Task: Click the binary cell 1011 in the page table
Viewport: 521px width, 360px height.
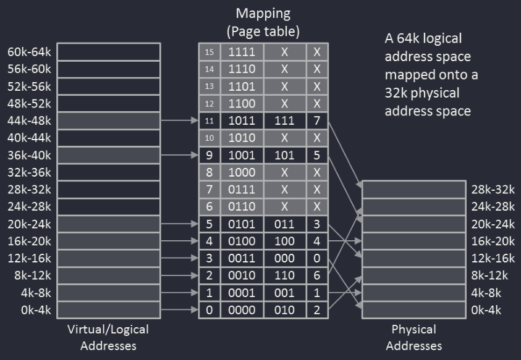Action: [x=242, y=121]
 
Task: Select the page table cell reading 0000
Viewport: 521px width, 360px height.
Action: [x=242, y=311]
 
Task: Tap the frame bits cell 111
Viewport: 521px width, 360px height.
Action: [x=285, y=121]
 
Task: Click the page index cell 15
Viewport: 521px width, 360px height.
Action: [x=209, y=52]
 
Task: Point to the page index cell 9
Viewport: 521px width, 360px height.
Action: [x=209, y=156]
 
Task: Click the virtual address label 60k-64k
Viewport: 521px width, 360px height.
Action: [x=30, y=52]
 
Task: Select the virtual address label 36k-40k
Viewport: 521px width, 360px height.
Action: [x=30, y=156]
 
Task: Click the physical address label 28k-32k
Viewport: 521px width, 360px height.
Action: [x=493, y=190]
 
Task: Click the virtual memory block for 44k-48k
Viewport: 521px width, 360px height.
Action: [x=109, y=121]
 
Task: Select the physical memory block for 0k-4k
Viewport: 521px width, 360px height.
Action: [x=413, y=310]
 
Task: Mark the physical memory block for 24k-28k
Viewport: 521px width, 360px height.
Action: [x=413, y=207]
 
